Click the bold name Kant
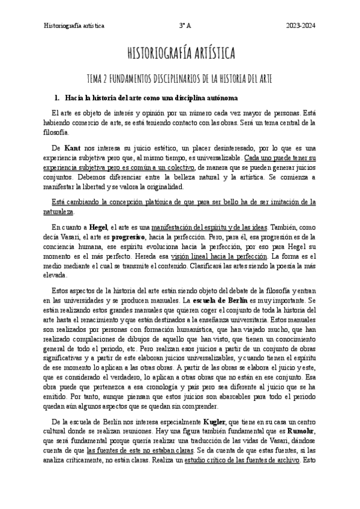(x=72, y=147)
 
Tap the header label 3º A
(x=185, y=26)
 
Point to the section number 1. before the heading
(x=58, y=97)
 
